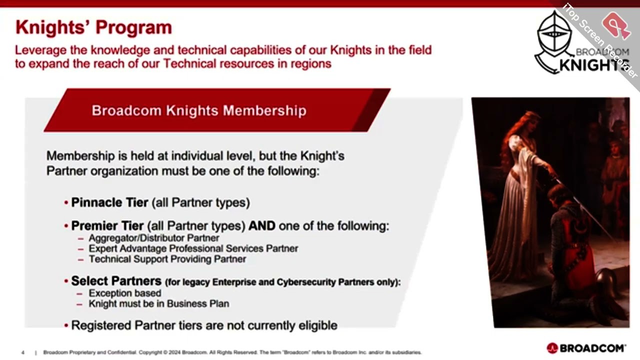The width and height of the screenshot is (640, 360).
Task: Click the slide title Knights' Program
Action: point(93,27)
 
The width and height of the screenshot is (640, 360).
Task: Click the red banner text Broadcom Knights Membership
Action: point(198,110)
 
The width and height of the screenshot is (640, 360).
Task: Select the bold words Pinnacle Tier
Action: point(109,202)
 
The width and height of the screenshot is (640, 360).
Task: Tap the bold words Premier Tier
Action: point(107,226)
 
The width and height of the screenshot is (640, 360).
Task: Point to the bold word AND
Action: point(262,226)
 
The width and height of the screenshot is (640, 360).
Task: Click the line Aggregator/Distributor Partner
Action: point(153,238)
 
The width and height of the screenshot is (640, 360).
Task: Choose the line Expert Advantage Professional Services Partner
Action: point(193,248)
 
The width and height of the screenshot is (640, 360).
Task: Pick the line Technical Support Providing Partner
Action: point(167,259)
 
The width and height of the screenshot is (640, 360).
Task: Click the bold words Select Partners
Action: point(116,281)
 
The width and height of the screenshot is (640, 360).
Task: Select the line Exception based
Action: point(124,293)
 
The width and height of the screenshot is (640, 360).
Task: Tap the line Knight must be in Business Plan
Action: point(158,303)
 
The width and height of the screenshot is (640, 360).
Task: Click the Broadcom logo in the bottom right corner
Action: point(586,348)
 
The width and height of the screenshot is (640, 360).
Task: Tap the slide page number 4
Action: point(23,352)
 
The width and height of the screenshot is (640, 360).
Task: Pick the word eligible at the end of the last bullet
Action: point(318,325)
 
